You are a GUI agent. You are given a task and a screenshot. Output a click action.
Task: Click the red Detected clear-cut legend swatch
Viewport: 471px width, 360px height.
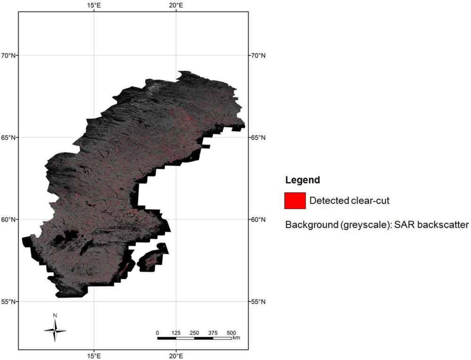coord(295,200)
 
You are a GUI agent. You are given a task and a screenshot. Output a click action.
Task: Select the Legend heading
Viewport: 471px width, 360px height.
coord(302,180)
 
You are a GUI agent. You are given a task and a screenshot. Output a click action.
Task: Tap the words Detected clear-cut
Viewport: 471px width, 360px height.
coord(349,201)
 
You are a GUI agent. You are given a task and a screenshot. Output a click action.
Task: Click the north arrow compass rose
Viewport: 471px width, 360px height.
coord(55,330)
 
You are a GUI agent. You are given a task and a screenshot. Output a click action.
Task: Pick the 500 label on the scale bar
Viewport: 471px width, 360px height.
coord(231,333)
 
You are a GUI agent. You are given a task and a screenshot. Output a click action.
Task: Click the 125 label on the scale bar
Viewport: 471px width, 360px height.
coord(176,333)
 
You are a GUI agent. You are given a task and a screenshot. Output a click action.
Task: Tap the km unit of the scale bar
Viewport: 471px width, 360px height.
coord(236,338)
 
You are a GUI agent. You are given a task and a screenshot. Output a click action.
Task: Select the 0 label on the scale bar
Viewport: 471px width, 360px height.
coord(158,333)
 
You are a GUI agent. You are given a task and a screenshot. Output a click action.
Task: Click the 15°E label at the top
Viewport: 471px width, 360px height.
coord(94,5)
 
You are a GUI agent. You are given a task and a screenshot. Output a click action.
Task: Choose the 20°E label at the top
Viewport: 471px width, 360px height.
coord(176,5)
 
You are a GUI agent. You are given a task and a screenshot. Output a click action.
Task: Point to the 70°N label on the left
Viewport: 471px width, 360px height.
coord(9,56)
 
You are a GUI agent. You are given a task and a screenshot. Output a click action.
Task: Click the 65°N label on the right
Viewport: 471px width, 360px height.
coord(257,137)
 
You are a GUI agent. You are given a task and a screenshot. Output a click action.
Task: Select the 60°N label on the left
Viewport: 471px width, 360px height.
coord(9,219)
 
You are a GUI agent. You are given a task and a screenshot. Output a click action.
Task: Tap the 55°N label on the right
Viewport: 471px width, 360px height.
coord(257,302)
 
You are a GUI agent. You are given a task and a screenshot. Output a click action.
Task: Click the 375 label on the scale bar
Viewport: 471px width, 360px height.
coord(212,333)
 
